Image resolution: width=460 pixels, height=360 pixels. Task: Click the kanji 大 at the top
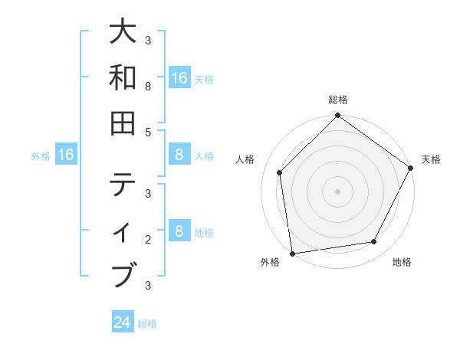[123, 33]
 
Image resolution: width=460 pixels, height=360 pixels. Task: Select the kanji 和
[123, 77]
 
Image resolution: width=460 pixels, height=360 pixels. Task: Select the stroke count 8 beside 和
[148, 87]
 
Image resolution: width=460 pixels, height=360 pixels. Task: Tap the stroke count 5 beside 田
[148, 132]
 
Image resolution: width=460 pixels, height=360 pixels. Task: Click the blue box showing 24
[123, 322]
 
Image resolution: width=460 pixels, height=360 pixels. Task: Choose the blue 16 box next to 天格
[179, 77]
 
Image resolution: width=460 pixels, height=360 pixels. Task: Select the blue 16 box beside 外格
[66, 155]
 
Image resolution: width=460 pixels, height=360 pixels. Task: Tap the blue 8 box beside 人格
[179, 155]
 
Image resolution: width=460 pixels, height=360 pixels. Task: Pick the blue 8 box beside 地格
[179, 231]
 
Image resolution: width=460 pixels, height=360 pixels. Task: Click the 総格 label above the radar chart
[338, 100]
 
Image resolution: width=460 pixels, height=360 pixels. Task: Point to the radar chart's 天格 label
[431, 159]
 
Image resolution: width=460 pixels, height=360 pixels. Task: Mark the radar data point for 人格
[280, 172]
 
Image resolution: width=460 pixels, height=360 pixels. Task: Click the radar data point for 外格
[292, 253]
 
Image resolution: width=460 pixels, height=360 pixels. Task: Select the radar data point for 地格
[374, 241]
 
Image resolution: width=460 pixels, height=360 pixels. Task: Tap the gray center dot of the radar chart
[337, 191]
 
